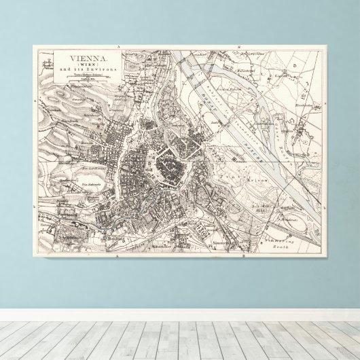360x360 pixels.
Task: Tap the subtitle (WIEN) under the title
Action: pyautogui.click(x=84, y=65)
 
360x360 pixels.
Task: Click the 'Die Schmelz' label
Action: pyautogui.click(x=92, y=185)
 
